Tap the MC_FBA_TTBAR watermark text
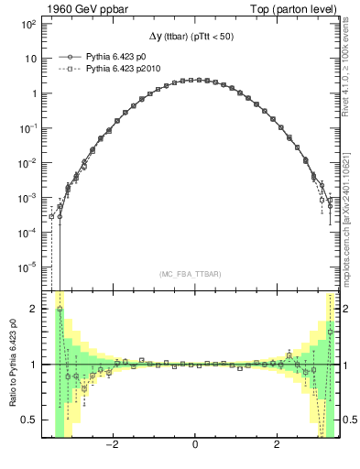click(x=191, y=275)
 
